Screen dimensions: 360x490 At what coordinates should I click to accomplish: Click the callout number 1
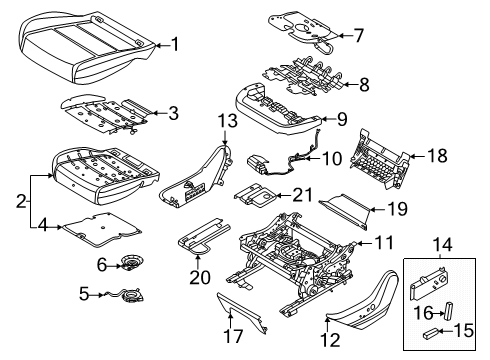pos(175,43)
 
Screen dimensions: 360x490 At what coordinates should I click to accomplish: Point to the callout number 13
pos(226,122)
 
